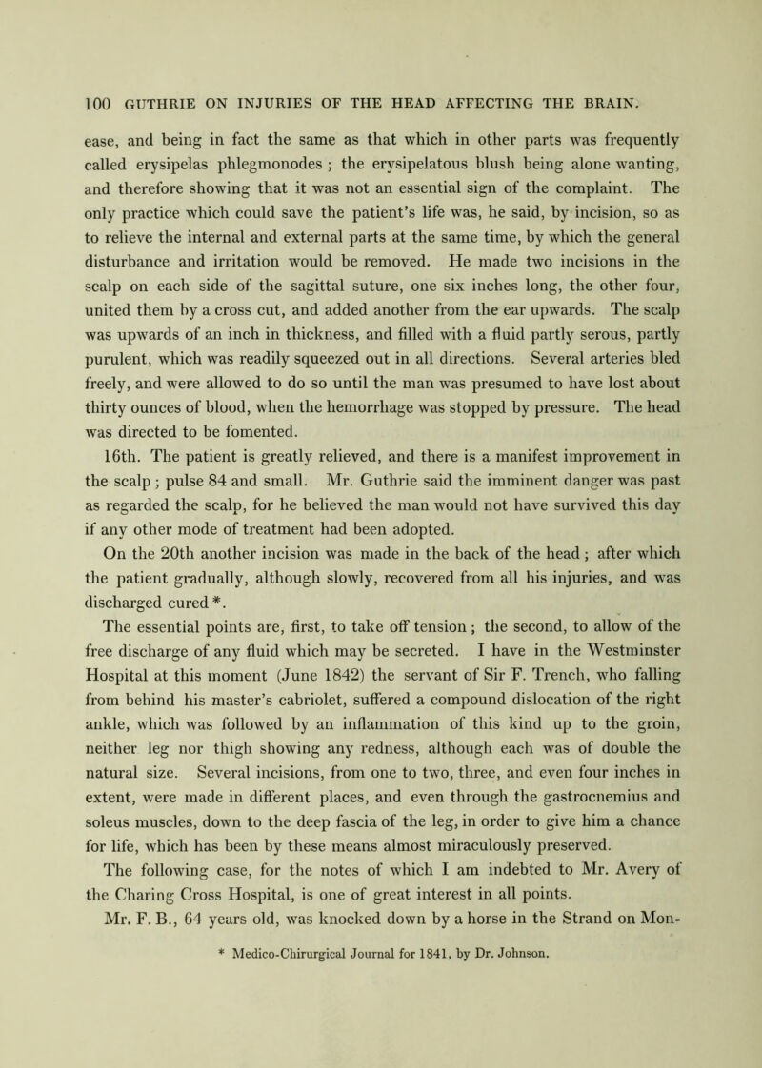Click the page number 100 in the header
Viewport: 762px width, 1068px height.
coord(47,95)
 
